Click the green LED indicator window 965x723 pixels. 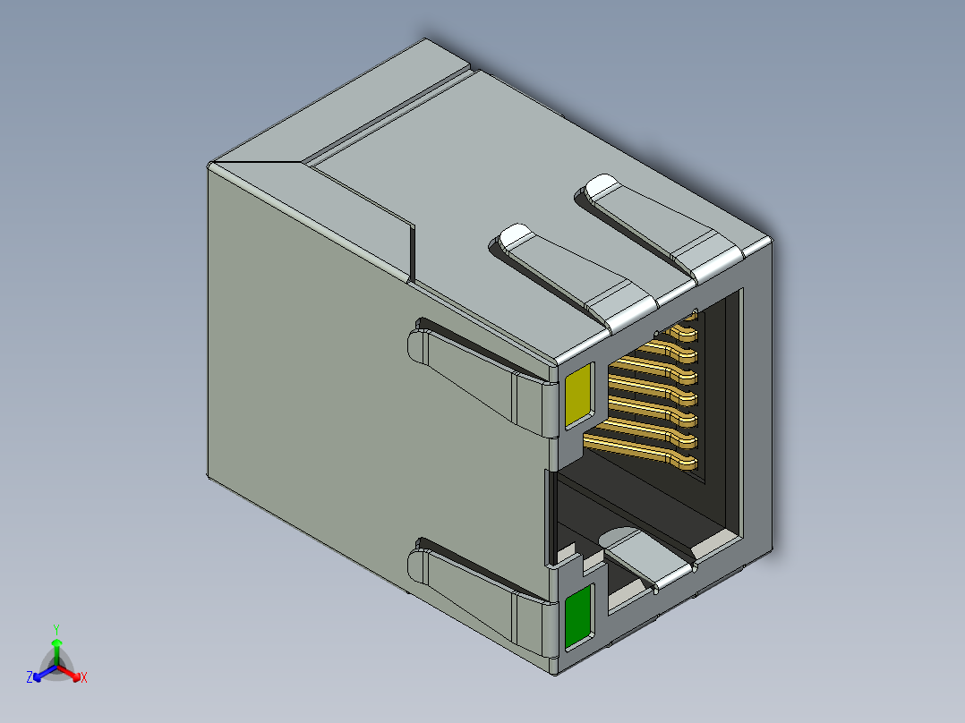click(579, 617)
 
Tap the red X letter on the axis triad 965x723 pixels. click(83, 678)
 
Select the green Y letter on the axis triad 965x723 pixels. click(56, 628)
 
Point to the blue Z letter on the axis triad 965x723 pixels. click(30, 678)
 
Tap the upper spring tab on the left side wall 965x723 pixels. click(474, 376)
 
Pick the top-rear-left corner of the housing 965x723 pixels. click(209, 166)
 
